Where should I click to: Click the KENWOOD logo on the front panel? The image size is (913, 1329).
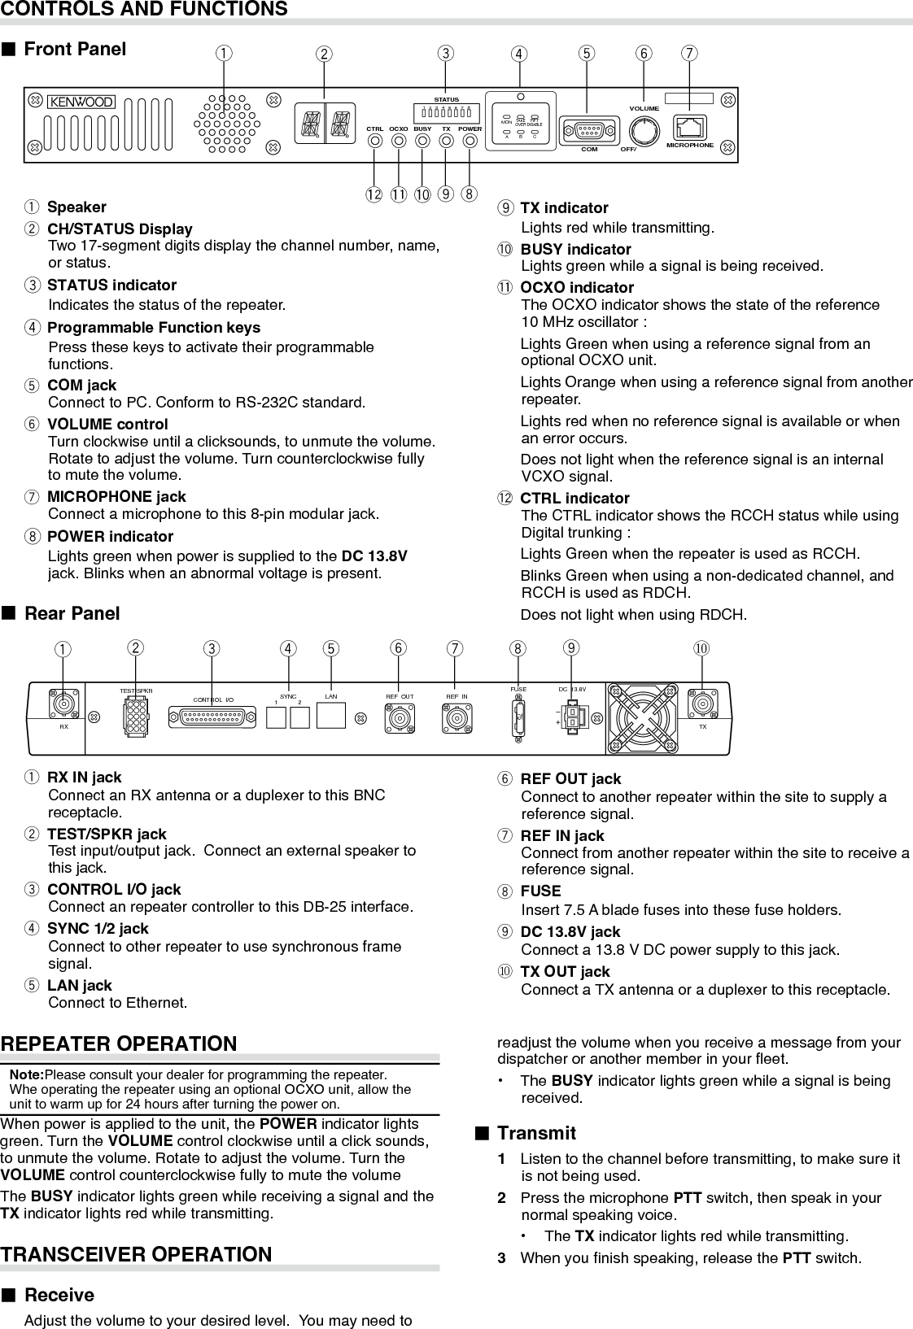coord(81,102)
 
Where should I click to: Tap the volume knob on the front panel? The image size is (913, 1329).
coord(644,129)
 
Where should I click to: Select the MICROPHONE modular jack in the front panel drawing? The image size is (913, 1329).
coord(690,127)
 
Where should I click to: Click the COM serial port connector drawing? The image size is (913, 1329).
coord(589,130)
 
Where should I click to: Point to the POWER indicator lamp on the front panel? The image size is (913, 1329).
coord(470,141)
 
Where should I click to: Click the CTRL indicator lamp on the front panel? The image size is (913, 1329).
coord(375,141)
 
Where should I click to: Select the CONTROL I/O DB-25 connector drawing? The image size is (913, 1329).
coord(213,717)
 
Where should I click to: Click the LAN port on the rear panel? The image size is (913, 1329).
coord(330,715)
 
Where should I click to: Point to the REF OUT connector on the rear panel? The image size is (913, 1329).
coord(400,719)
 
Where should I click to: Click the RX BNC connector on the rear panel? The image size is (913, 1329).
coord(63,704)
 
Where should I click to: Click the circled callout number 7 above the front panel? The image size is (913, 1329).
coord(689,54)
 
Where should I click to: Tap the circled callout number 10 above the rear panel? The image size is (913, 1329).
coord(701,648)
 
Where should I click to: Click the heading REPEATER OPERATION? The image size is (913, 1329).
coord(119,1044)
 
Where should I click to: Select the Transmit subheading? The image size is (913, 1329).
coord(536,1133)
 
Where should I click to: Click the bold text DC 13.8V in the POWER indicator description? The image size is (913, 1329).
coord(374,556)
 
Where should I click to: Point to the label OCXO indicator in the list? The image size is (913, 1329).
coord(576,287)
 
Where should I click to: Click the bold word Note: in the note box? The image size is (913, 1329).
coord(27,1074)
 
